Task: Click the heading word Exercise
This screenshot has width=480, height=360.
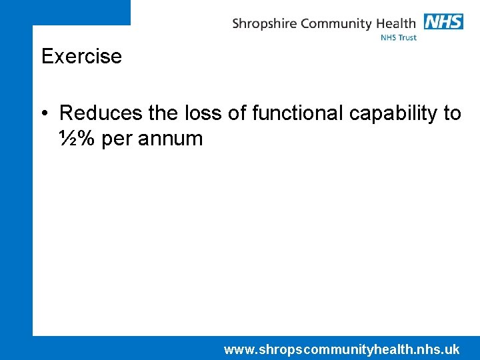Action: [x=81, y=56]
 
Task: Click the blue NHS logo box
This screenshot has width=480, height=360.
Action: [x=443, y=22]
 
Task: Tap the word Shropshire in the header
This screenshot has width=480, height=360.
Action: [x=264, y=24]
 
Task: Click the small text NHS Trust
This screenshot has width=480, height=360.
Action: [x=398, y=38]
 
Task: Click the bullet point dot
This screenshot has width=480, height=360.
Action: [x=45, y=113]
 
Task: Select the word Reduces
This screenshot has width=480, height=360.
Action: [x=100, y=113]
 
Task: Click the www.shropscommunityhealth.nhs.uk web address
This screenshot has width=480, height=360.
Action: [x=341, y=349]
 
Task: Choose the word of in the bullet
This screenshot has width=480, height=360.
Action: [x=237, y=113]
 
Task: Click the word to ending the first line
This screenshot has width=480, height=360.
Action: [x=452, y=113]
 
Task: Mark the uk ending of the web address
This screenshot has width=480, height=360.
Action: [x=452, y=349]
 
